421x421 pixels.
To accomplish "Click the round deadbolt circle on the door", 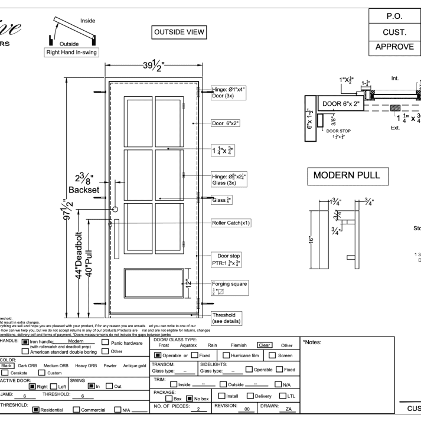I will coord(116,209).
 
